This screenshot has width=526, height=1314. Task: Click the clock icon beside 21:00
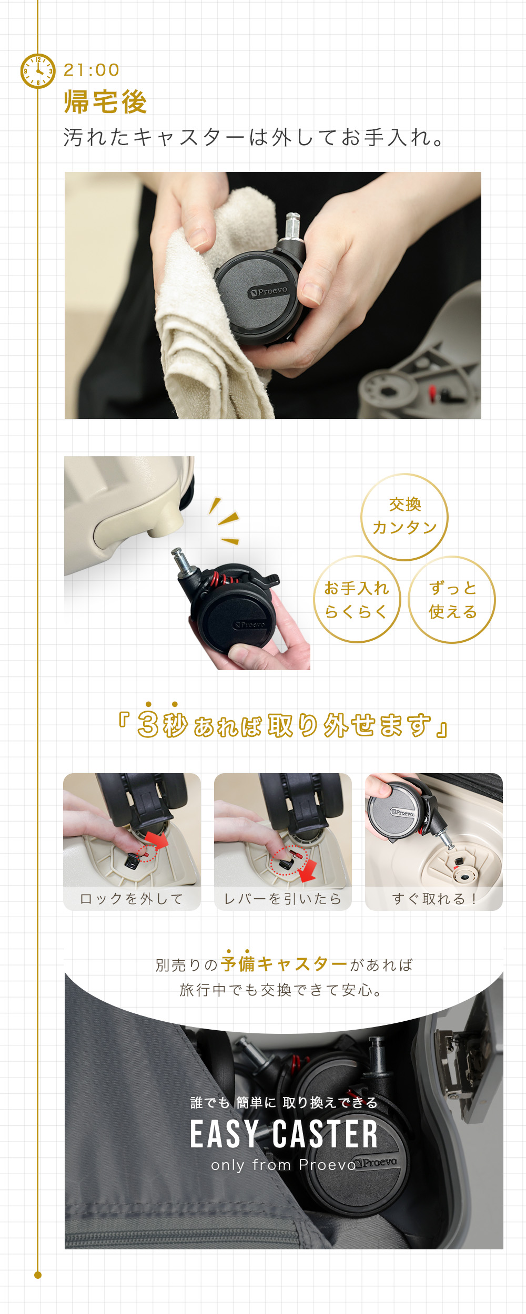coord(37,71)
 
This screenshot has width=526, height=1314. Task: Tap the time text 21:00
coord(92,70)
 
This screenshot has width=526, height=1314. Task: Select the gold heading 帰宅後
coord(105,101)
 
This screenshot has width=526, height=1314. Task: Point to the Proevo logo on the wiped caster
coord(269,291)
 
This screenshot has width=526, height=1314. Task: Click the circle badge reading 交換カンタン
coord(404,517)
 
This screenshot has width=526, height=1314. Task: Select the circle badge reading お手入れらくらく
coord(357,599)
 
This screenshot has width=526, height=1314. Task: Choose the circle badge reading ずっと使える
coord(452,599)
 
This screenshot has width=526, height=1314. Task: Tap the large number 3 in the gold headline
coord(148,725)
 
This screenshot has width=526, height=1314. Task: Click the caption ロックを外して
coord(131,899)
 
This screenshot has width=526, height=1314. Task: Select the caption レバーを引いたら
coord(283,899)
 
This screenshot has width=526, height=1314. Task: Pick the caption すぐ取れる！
coord(434,899)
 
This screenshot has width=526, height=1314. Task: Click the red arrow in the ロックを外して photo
coord(157,839)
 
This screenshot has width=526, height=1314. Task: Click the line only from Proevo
coord(284,1165)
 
